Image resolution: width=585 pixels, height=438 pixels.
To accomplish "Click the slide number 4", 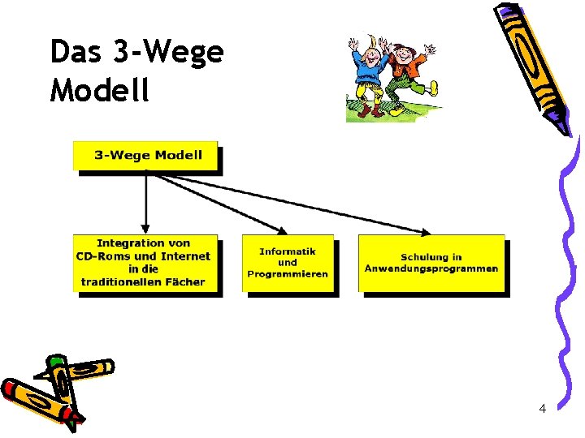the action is coord(543,409).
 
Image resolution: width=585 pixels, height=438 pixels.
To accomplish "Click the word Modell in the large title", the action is coord(100,89).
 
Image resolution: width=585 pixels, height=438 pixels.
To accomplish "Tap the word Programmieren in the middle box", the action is coord(288,274).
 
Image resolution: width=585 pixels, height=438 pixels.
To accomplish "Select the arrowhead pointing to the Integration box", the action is coord(145,228).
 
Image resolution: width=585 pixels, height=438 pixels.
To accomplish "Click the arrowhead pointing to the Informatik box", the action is coord(282,231).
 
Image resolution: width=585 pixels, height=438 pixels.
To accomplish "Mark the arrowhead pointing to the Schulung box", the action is coord(425,232).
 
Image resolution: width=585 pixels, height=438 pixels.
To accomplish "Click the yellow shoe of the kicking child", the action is coord(433,88).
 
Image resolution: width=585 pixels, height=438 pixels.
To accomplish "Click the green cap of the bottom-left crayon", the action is coord(55,360).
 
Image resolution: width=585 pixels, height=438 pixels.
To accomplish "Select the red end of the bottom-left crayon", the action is coord(8,388).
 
